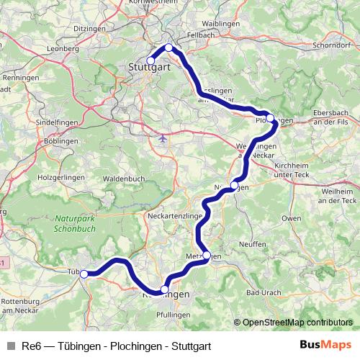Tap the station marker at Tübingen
84,274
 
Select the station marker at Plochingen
269,117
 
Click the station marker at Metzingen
207,256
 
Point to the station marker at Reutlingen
165,289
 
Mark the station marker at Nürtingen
234,185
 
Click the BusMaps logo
325,345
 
